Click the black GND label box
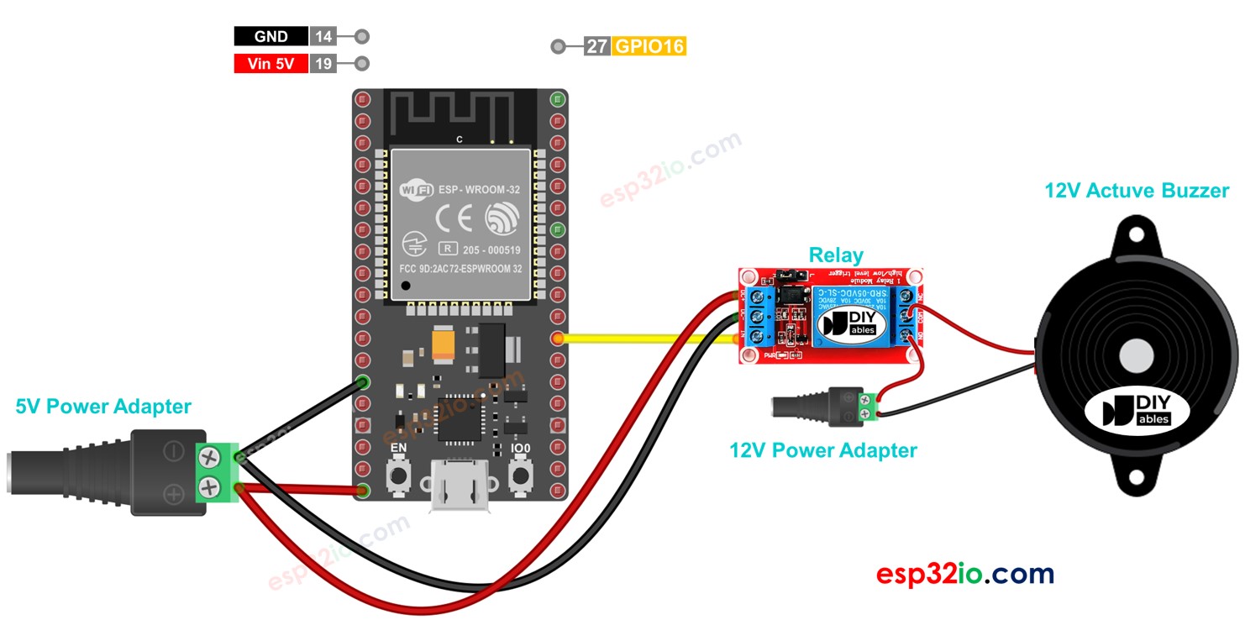[x=271, y=36]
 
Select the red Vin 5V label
[x=271, y=63]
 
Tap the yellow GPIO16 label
[x=649, y=46]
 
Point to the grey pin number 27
[x=596, y=46]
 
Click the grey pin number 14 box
[x=322, y=36]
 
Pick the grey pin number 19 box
[x=322, y=63]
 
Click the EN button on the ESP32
[x=397, y=476]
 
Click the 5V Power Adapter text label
[x=103, y=407]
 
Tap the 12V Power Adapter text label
[x=822, y=450]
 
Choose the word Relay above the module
[x=835, y=255]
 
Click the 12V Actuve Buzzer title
[x=1136, y=191]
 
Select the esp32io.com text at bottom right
[x=964, y=574]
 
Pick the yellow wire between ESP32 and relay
[x=647, y=339]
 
